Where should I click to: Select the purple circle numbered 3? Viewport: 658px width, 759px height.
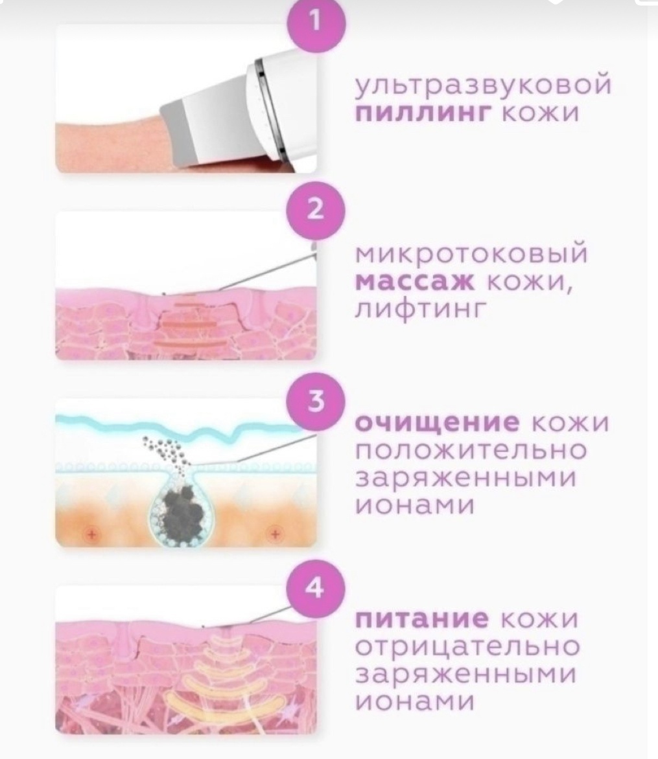point(316,402)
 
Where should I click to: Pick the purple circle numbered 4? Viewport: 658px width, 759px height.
point(316,588)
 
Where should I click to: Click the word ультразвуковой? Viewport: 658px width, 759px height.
point(484,84)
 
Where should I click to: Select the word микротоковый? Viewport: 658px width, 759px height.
point(471,253)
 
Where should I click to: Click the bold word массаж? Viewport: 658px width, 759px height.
point(415,281)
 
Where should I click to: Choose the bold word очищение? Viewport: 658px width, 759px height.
point(438,423)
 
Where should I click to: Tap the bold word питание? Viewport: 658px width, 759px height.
point(422,618)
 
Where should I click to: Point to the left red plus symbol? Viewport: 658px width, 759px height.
point(90,534)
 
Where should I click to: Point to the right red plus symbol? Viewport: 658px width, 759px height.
point(276,534)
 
